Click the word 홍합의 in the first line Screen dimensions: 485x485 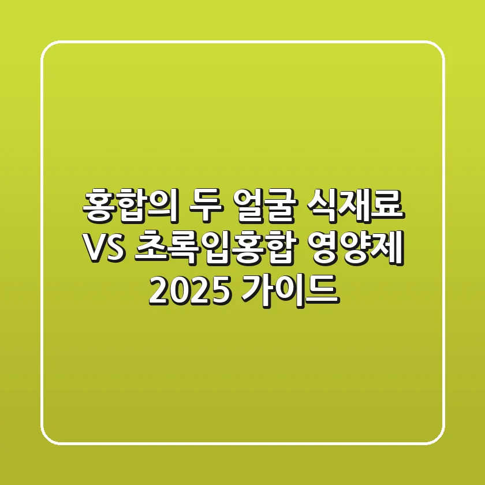tap(128, 207)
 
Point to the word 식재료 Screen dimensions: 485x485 tap(354, 207)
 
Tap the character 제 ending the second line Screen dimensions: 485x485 tap(389, 250)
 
